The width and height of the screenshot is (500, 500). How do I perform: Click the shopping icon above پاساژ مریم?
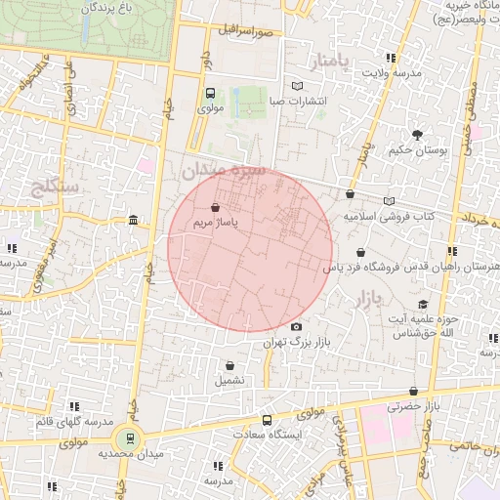[x=215, y=206]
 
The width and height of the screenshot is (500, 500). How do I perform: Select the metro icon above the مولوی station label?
[x=211, y=94]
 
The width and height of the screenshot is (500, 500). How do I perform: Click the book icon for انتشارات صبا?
[x=298, y=86]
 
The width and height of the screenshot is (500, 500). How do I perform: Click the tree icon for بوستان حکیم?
[x=417, y=135]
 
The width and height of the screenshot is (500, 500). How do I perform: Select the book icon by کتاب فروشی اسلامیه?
[x=390, y=201]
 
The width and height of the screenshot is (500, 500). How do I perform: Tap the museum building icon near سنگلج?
[x=132, y=220]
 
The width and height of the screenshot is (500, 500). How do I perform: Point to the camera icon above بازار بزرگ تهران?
[x=297, y=327]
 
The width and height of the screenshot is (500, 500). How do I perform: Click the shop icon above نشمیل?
[x=229, y=365]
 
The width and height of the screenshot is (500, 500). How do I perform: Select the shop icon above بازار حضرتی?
[x=414, y=391]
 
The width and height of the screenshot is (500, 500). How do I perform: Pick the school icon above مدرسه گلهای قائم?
[x=73, y=406]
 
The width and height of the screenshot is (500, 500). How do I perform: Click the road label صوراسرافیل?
[x=246, y=31]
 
